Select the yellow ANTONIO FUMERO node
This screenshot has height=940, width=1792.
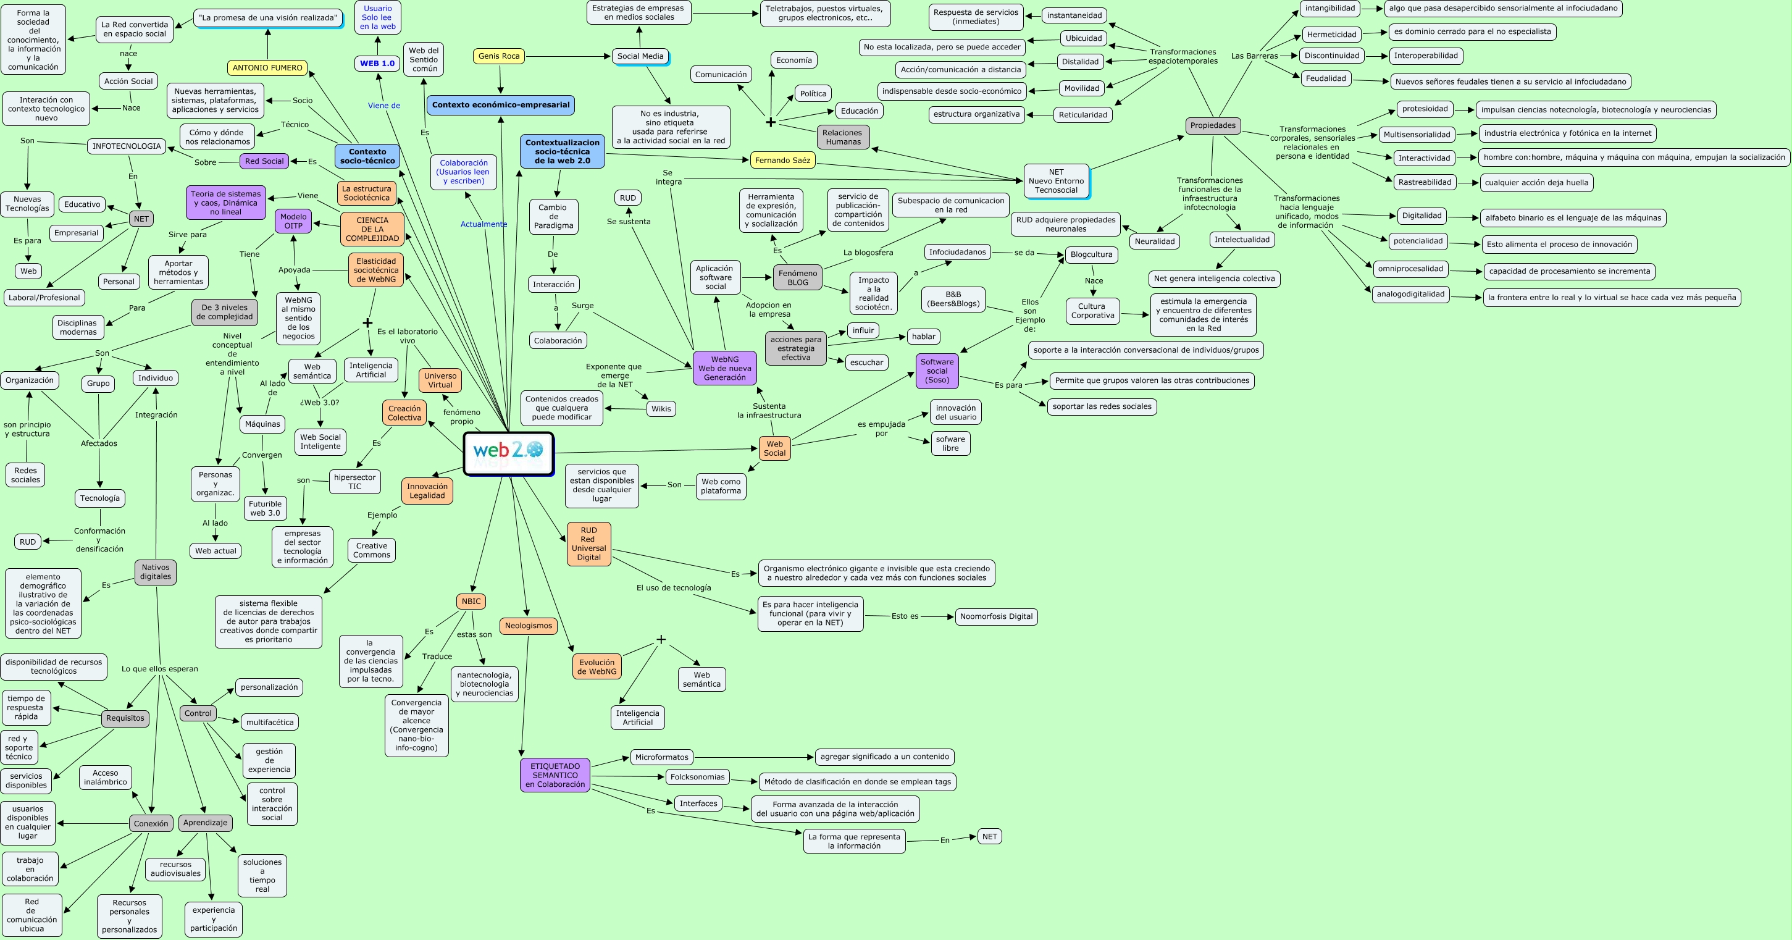coord(267,67)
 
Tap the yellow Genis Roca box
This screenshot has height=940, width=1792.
coord(499,56)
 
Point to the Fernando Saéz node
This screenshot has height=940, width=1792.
coord(782,160)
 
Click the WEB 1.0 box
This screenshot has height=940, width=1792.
coord(377,64)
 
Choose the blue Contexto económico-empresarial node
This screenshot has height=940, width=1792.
coord(500,105)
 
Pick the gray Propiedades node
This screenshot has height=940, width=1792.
coord(1213,126)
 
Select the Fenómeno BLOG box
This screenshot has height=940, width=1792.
coord(797,278)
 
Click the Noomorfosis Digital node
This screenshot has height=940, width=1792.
coord(995,616)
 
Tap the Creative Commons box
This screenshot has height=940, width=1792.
coord(372,550)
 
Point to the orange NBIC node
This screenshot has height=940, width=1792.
coord(471,601)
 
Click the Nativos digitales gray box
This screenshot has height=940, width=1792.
coord(155,572)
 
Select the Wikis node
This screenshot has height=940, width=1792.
coord(661,409)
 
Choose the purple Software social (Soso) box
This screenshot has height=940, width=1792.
coord(937,371)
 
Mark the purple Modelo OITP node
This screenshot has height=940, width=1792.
coord(293,221)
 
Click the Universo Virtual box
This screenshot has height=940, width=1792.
coord(440,380)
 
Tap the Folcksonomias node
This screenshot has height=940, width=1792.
coord(697,777)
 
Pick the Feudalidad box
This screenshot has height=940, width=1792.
coord(1325,78)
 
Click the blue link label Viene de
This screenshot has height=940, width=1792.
coord(384,106)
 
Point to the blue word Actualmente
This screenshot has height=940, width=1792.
coord(484,224)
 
